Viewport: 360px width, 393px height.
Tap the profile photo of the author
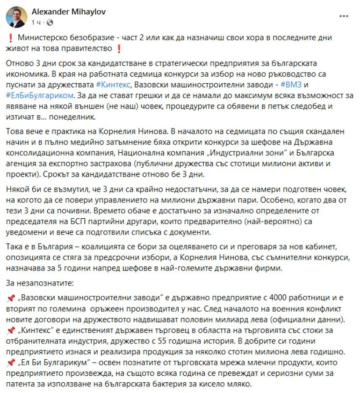(16, 17)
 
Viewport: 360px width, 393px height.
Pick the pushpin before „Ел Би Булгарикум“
(11, 363)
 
